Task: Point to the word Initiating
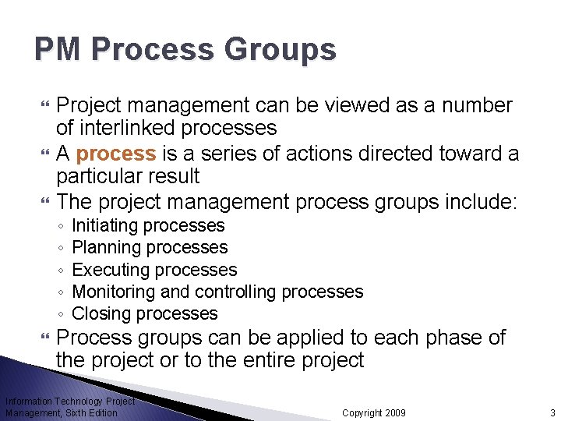104,226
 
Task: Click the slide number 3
551,412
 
